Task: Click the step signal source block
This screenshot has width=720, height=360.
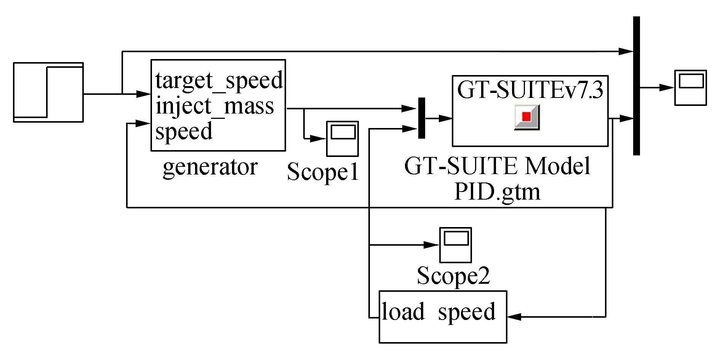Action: [48, 92]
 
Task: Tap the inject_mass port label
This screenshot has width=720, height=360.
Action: [215, 106]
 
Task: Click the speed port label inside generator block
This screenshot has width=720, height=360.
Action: [184, 131]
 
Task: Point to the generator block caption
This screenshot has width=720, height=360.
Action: [210, 167]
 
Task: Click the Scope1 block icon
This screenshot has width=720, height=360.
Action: [342, 139]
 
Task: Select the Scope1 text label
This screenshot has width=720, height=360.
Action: [323, 172]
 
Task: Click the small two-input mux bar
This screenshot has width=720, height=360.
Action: [421, 118]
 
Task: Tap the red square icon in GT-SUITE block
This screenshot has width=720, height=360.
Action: [526, 117]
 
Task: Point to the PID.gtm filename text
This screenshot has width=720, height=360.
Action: [497, 192]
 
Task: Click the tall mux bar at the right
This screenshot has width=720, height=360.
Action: [636, 86]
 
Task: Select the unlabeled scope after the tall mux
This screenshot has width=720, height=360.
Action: [690, 88]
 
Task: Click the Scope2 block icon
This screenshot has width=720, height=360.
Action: [456, 245]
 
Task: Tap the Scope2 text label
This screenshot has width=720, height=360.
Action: [453, 276]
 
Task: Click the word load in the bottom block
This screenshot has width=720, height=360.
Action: [403, 312]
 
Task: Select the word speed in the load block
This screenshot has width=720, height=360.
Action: [467, 312]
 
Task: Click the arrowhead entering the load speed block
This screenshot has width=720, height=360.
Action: [514, 317]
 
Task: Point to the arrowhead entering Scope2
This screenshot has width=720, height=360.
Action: [432, 245]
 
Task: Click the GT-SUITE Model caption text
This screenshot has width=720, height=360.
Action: [497, 166]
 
